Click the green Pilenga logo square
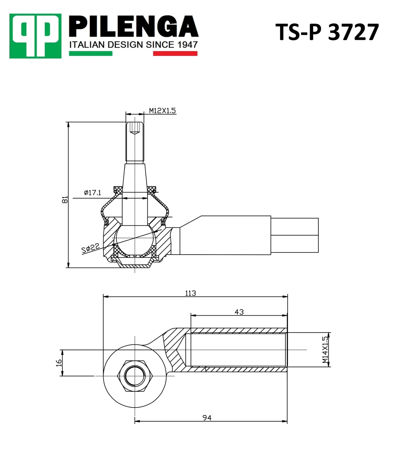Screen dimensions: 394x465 click(35, 36)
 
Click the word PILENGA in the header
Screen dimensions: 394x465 click(134, 27)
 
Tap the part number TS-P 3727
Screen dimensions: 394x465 click(327, 32)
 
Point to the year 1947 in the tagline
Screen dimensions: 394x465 click(188, 45)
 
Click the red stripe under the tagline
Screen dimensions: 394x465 click(175, 53)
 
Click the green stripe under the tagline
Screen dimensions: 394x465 click(91, 53)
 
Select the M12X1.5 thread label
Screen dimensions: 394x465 click(162, 111)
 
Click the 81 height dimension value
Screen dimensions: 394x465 click(65, 199)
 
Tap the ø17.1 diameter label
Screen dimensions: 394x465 click(93, 193)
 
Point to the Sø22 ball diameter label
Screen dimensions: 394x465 click(90, 248)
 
